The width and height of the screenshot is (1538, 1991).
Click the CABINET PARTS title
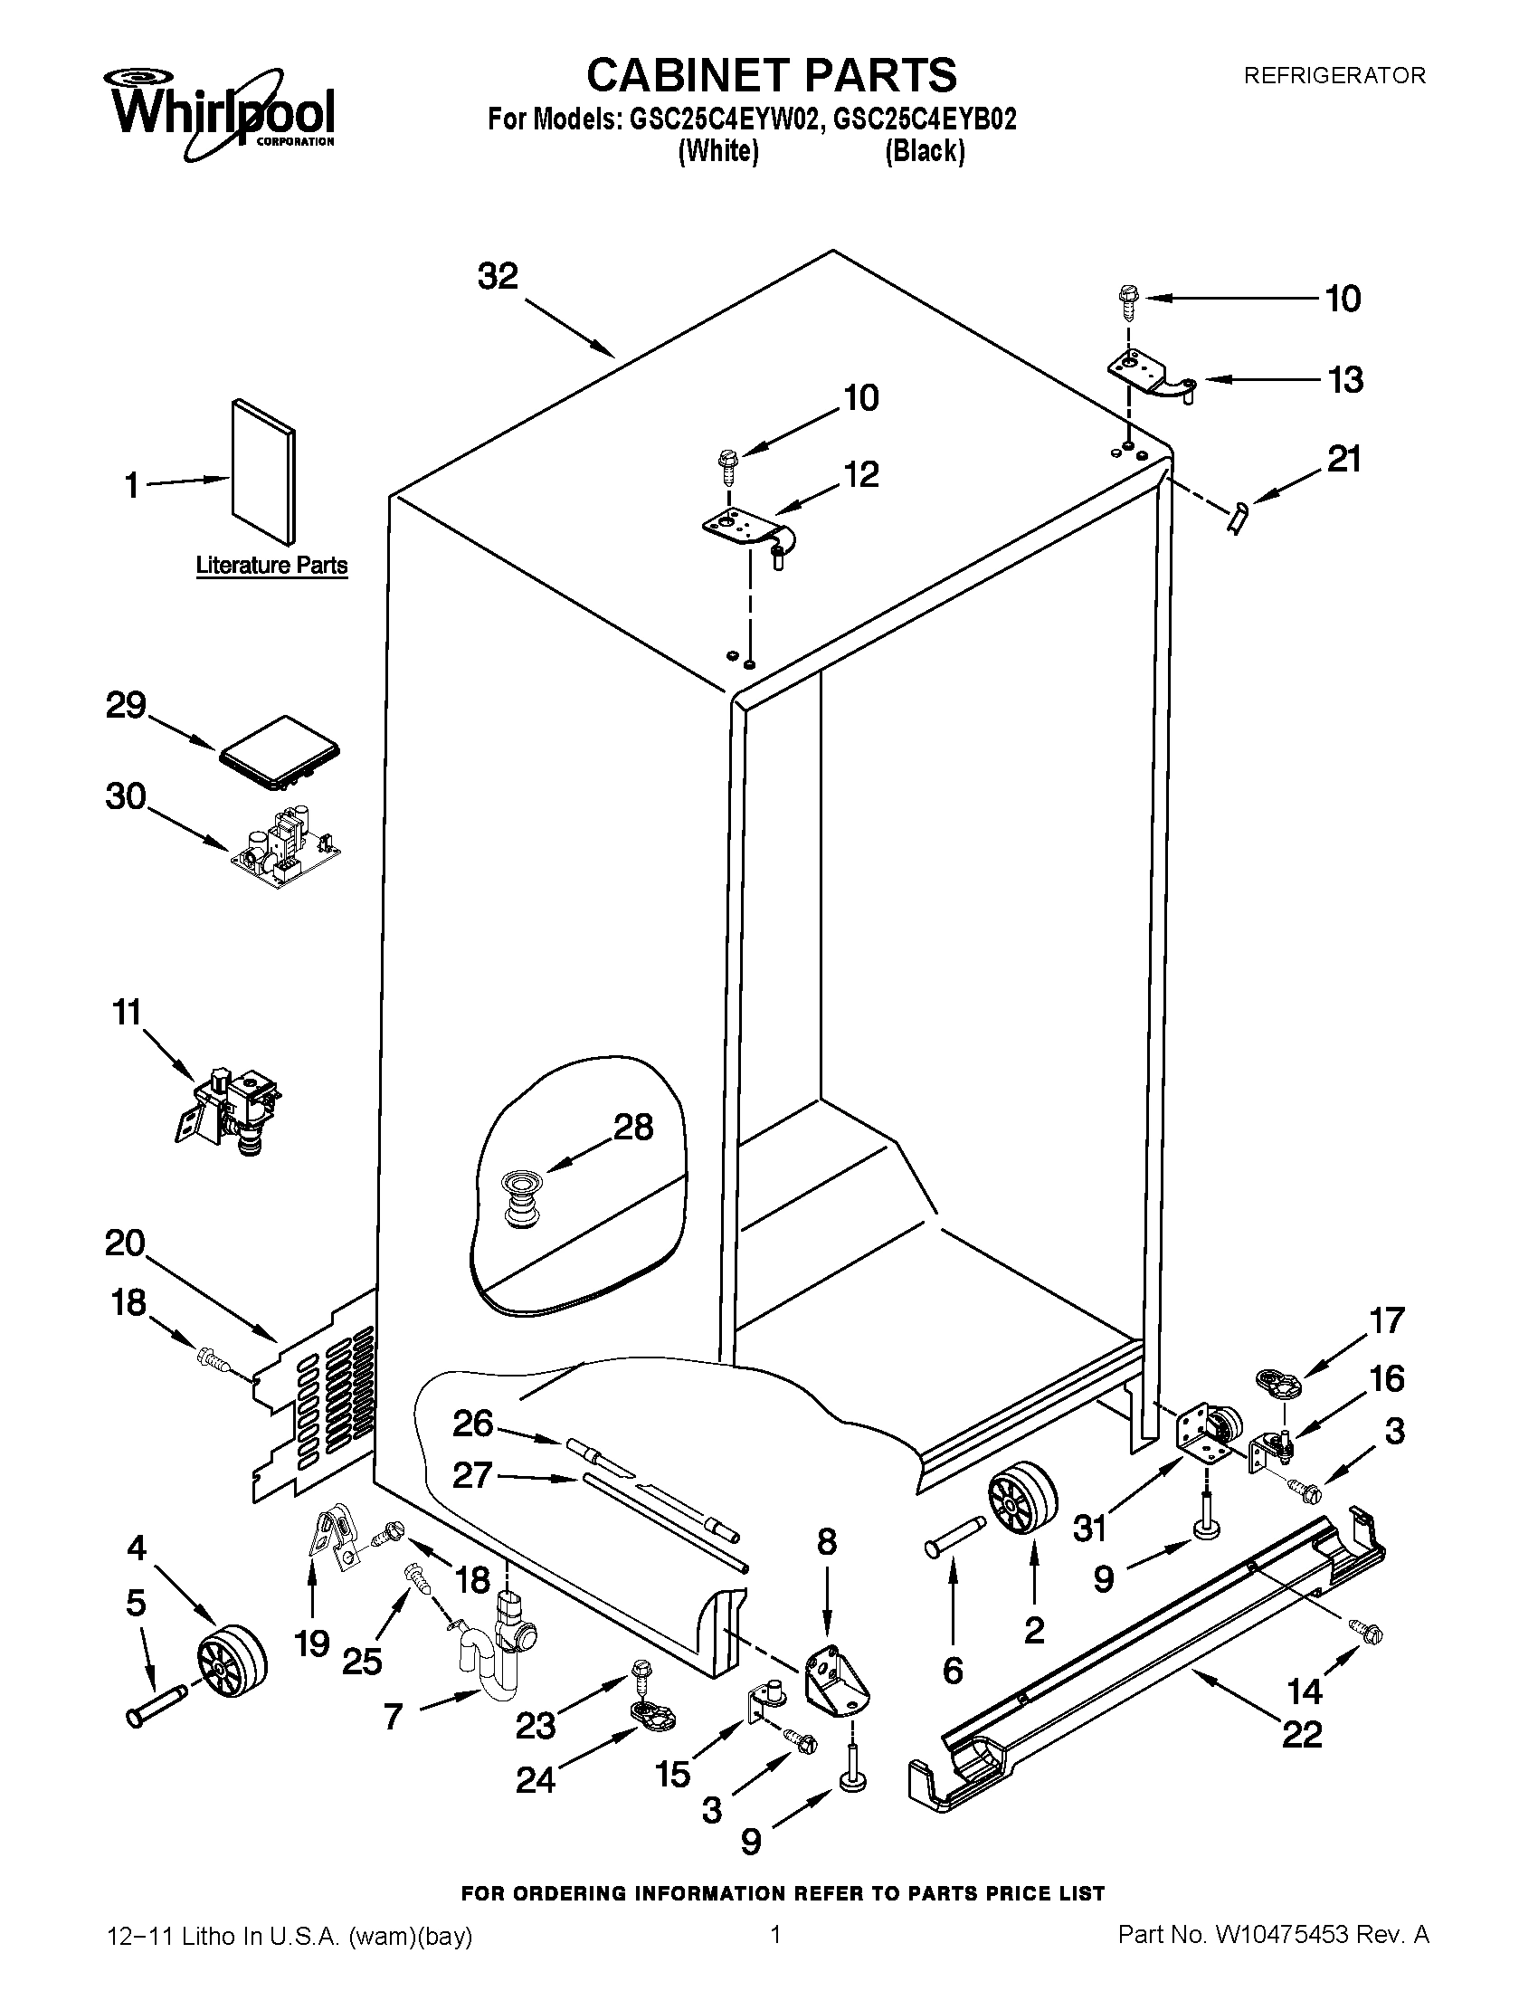point(771,75)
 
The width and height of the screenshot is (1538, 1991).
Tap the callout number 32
point(498,276)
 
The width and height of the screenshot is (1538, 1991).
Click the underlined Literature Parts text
point(271,566)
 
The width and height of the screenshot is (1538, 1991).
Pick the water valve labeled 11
point(233,1107)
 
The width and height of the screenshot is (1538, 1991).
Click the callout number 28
point(632,1128)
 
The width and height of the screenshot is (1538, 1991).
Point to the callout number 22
point(1301,1733)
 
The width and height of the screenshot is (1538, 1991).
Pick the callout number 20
point(126,1243)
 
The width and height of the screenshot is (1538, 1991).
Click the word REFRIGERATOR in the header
point(1334,76)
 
